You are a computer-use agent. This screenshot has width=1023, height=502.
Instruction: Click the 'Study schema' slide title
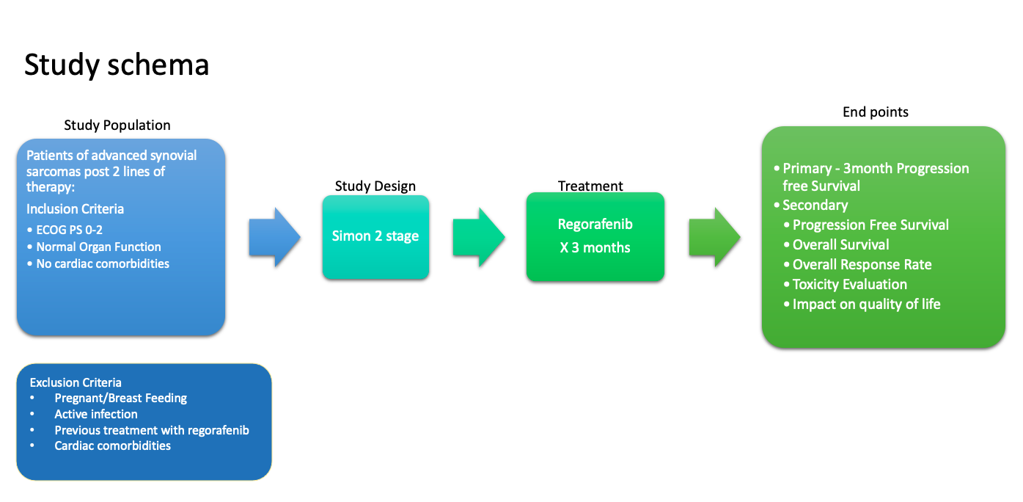tap(117, 65)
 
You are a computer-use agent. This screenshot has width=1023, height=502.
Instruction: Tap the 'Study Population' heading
tap(117, 125)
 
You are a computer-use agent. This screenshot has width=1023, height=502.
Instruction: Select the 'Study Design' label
tap(375, 186)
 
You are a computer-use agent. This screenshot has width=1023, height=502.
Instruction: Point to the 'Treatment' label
tap(590, 186)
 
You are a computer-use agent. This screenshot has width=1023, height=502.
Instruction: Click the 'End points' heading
tap(875, 112)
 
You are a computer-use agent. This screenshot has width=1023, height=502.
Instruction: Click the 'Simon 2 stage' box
tap(375, 237)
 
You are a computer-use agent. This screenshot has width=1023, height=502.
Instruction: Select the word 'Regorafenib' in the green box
tap(595, 225)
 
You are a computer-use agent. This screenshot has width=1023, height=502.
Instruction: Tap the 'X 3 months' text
tap(595, 247)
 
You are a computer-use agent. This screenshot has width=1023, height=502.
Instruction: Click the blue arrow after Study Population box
tap(274, 237)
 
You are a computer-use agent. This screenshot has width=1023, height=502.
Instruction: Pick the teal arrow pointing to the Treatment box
tap(479, 237)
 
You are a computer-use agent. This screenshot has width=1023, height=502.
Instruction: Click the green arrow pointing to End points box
tap(714, 237)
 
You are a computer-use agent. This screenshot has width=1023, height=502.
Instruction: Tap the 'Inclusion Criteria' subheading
tap(75, 209)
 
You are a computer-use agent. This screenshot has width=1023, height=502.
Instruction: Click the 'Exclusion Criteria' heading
tap(76, 382)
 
